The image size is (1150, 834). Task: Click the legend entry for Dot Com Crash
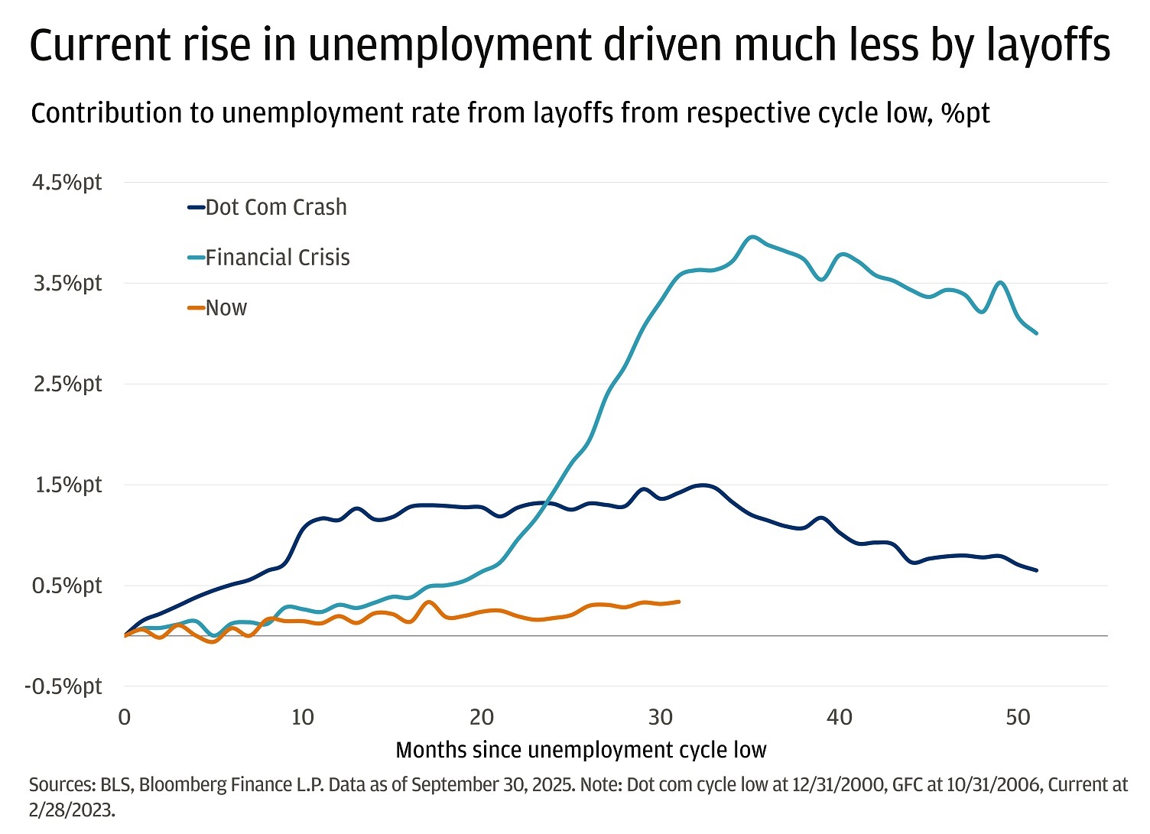click(275, 207)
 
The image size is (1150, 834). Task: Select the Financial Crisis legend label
click(277, 258)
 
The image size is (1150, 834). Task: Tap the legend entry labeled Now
click(226, 308)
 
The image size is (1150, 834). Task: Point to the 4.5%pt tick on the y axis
click(67, 183)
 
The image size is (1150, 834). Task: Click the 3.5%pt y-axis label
click(67, 284)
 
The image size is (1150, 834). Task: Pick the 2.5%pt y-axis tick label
click(67, 384)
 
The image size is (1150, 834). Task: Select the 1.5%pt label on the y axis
click(67, 485)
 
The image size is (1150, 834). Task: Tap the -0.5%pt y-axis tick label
click(63, 686)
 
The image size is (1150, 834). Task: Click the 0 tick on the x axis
click(125, 717)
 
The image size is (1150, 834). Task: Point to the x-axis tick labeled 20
click(482, 717)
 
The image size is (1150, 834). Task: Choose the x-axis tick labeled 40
click(840, 717)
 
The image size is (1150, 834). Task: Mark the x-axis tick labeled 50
click(1018, 717)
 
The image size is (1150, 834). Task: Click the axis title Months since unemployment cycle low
click(581, 750)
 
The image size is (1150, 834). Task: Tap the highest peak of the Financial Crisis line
click(753, 237)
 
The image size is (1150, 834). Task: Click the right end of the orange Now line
click(678, 602)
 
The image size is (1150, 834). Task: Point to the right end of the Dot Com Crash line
click(1036, 570)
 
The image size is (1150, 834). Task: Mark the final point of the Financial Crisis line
click(1036, 333)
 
